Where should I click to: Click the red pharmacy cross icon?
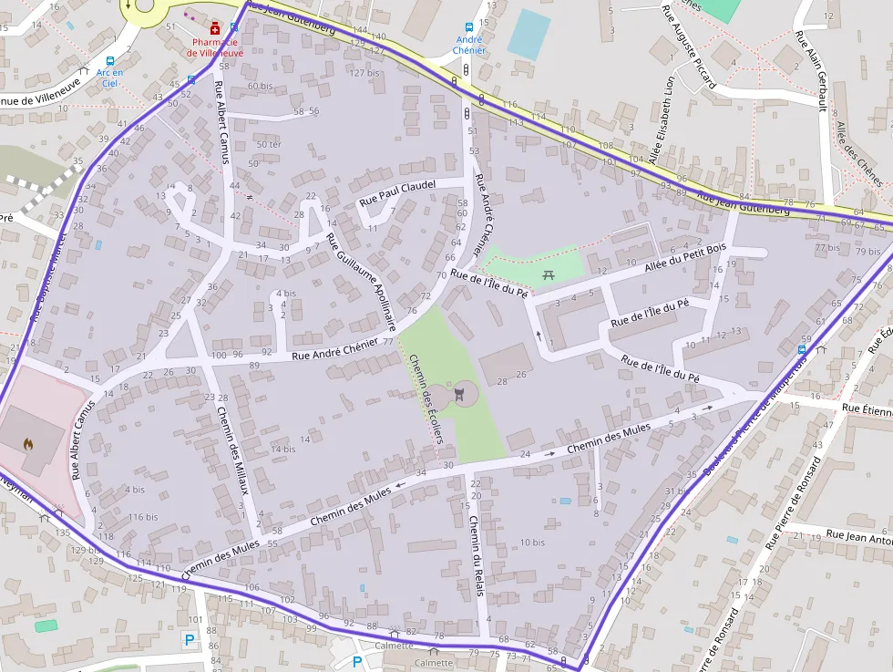tap(215, 28)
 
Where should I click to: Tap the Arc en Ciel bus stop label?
tap(110, 78)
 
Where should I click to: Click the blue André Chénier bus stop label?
tap(468, 45)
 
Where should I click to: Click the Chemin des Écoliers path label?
tap(426, 406)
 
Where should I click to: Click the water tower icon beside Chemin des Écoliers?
tap(460, 393)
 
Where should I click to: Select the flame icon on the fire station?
tap(27, 445)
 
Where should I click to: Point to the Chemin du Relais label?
tap(475, 556)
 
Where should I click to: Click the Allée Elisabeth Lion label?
tap(662, 119)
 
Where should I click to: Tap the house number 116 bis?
tap(143, 517)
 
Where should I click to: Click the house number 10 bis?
tap(532, 542)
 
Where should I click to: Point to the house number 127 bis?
tap(364, 73)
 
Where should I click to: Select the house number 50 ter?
tap(270, 144)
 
